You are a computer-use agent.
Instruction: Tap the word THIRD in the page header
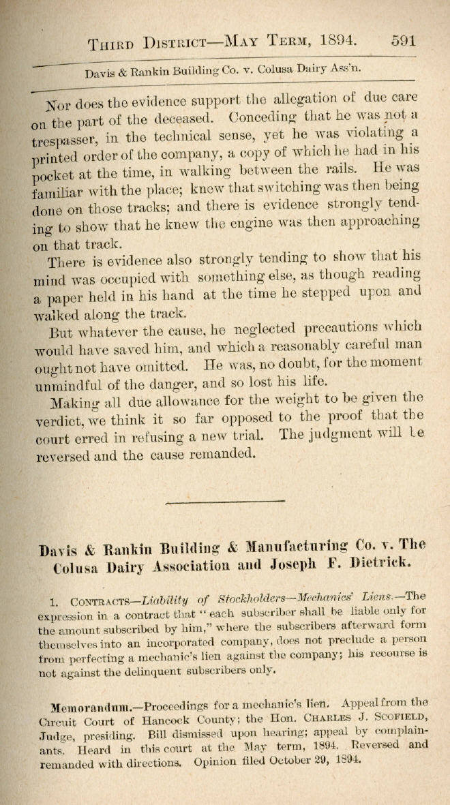(113, 45)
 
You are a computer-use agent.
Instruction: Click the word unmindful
(72, 386)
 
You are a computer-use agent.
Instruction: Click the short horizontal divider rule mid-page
(225, 502)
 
